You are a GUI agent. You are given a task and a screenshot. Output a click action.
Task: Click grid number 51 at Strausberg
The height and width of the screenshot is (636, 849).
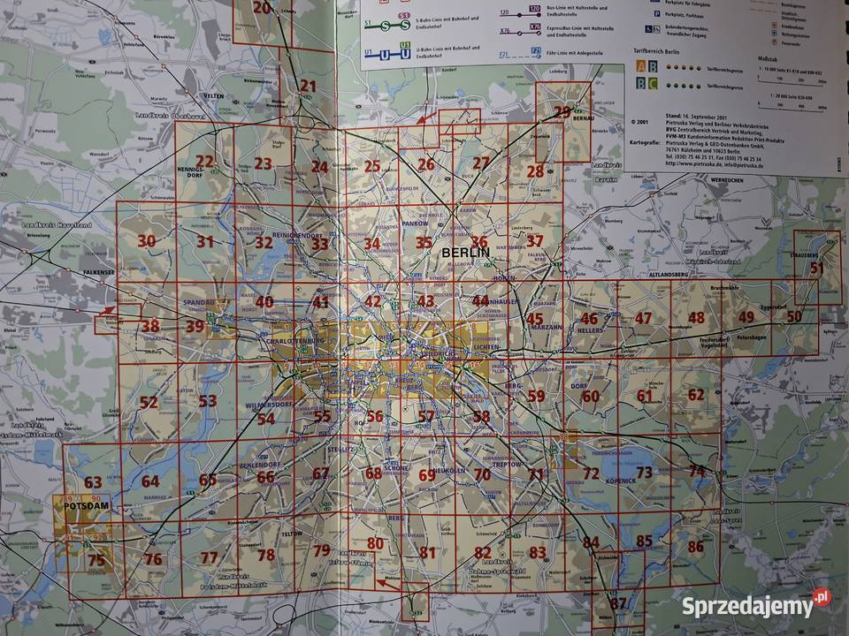pos(816,268)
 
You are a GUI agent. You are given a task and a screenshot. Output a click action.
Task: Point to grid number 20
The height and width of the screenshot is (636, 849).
pos(262,8)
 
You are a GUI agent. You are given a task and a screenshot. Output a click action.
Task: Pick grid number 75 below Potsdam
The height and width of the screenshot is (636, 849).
pos(96,559)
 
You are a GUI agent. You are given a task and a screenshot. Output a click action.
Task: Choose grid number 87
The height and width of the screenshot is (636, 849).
pos(618,604)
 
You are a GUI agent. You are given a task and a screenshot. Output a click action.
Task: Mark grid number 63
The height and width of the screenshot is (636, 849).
pos(93,482)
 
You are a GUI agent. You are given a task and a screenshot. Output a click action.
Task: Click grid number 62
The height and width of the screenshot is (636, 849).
pos(696,394)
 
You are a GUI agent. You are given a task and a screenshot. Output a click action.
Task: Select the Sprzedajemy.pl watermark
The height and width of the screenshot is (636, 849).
pos(757,605)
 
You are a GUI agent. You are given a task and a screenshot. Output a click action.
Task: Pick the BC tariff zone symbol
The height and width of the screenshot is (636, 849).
pos(647,84)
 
